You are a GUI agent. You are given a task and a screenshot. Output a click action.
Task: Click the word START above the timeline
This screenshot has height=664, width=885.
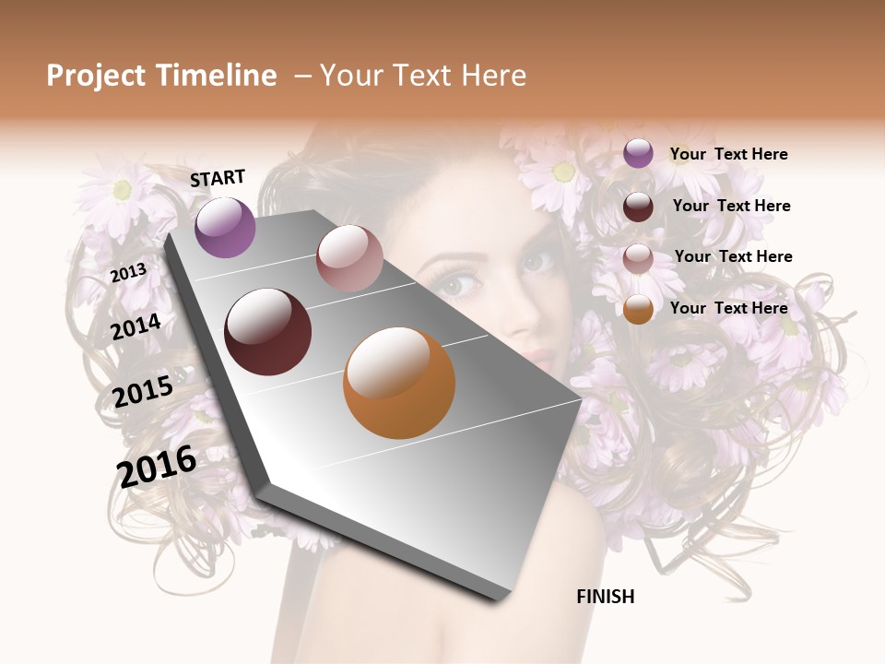click(x=218, y=178)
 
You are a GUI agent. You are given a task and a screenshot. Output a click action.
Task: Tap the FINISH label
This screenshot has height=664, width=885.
click(x=605, y=597)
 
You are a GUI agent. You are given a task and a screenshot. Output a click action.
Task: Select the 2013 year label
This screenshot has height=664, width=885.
click(x=128, y=273)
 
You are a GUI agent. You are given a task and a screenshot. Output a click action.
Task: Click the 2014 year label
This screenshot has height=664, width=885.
click(x=136, y=327)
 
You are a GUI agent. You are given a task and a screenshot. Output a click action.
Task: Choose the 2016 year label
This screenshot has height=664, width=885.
click(x=157, y=466)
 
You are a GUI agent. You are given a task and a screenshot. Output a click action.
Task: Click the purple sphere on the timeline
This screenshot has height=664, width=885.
click(x=225, y=227)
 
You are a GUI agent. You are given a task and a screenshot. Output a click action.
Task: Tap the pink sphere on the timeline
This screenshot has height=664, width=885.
click(x=349, y=258)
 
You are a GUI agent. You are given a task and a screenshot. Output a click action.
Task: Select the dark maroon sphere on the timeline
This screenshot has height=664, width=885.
click(x=267, y=332)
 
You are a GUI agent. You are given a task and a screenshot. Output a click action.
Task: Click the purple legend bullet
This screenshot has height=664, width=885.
click(x=638, y=154)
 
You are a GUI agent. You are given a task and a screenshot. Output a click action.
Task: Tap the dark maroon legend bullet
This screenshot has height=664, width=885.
click(x=638, y=207)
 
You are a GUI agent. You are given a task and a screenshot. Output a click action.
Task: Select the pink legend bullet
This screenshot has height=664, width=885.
click(x=638, y=258)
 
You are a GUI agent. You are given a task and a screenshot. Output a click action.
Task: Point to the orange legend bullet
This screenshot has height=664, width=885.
click(x=638, y=309)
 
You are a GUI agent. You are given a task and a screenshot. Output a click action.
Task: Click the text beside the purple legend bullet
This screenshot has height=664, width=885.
click(x=728, y=154)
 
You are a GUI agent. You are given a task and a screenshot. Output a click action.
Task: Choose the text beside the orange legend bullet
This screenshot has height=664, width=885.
click(x=728, y=308)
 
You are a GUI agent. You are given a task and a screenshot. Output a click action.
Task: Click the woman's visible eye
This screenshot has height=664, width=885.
click(x=458, y=283)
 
